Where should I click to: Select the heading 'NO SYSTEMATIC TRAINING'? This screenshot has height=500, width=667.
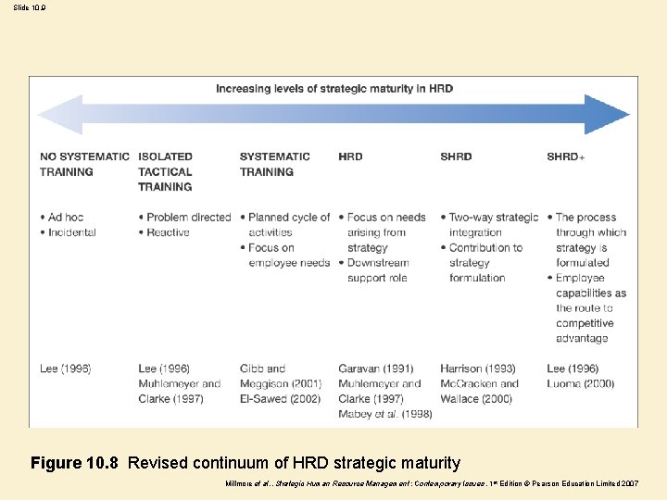coord(84,164)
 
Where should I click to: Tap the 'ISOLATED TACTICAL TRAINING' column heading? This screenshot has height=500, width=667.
coord(165,171)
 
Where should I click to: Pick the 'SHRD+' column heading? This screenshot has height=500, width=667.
coord(565,156)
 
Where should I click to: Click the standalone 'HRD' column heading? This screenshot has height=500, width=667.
coord(350,156)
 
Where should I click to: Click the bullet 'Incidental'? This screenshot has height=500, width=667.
coord(71,232)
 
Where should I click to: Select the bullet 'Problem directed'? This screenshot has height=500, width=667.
coord(188,218)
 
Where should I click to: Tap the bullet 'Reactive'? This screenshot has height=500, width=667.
coord(168,232)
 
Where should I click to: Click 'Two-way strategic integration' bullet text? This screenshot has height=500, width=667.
coord(491,225)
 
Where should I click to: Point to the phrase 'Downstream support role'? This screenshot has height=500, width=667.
coord(384,270)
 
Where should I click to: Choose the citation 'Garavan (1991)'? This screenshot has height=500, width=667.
coord(375,369)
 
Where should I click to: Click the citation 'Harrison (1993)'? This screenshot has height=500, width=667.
coord(478,369)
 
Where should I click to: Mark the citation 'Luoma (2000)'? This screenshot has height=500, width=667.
coord(582,383)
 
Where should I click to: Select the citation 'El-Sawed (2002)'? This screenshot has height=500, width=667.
coord(280,399)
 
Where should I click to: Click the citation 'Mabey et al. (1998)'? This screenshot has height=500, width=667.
coord(384,414)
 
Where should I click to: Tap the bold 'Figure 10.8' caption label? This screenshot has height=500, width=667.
coord(74,463)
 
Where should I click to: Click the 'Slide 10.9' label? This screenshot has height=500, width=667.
coord(29,7)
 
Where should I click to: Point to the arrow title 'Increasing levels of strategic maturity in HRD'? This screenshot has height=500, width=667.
coord(334,89)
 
